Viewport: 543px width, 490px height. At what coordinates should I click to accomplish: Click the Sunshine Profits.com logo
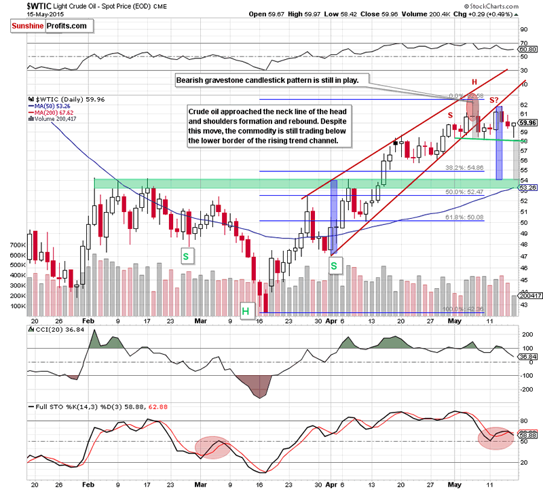click(x=50, y=27)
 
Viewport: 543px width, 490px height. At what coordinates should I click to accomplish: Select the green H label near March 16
click(x=246, y=311)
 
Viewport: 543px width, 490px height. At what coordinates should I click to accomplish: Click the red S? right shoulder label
click(x=496, y=99)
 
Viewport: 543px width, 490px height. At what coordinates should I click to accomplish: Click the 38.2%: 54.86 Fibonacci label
click(x=465, y=166)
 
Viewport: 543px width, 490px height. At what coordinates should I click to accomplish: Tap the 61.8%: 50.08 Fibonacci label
click(x=464, y=216)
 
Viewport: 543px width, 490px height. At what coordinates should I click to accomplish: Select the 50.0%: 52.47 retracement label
click(x=465, y=192)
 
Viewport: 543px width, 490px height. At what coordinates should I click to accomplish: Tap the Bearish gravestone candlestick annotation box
click(x=269, y=80)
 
